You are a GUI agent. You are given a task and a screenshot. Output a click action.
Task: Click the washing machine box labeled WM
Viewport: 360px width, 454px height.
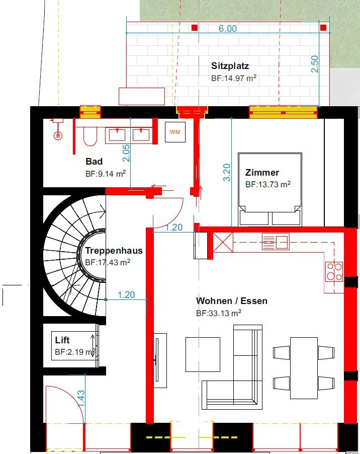[x=175, y=132]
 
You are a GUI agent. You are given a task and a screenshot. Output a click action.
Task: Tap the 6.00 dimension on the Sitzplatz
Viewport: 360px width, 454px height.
[x=228, y=28]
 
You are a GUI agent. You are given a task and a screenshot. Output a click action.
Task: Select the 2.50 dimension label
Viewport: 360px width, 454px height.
[x=315, y=64]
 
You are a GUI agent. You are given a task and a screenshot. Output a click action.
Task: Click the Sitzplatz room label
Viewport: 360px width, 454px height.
[x=230, y=66]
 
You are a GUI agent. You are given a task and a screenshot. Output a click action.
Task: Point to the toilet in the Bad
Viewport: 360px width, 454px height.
[x=90, y=137]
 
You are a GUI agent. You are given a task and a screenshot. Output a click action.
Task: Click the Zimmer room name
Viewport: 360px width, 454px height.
[x=262, y=173]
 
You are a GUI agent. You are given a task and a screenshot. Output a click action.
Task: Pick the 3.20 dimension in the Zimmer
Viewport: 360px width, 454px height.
[x=227, y=173]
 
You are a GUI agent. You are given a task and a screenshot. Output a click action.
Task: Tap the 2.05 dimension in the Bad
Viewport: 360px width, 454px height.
[x=126, y=153]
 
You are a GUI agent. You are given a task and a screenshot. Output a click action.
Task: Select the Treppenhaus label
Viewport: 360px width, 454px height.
[x=114, y=251]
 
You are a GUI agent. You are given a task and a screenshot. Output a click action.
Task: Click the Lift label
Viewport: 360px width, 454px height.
[x=62, y=340]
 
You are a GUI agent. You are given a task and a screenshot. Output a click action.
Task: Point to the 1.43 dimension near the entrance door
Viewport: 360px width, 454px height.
[x=81, y=399]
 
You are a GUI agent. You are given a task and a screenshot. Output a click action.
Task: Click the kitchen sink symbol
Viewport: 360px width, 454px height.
[x=276, y=242]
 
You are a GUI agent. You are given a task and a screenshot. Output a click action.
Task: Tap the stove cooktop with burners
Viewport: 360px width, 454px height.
[x=334, y=272]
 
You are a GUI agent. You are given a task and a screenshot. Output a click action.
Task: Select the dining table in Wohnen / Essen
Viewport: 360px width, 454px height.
[x=304, y=368]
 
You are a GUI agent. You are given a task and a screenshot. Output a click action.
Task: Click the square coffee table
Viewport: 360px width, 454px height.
[x=203, y=354]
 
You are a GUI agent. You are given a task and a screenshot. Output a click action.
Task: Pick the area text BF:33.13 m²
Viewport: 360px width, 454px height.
[x=219, y=313]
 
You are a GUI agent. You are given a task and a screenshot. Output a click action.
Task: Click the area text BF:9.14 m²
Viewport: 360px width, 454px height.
[x=106, y=174]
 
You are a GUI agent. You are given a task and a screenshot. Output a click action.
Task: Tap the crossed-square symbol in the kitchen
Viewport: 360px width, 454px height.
[x=223, y=242]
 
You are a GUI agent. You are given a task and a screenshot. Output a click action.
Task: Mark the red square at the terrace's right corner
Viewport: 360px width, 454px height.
[x=323, y=28]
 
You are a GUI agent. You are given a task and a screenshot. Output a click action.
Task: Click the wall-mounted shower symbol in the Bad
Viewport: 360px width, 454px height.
[x=58, y=129]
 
